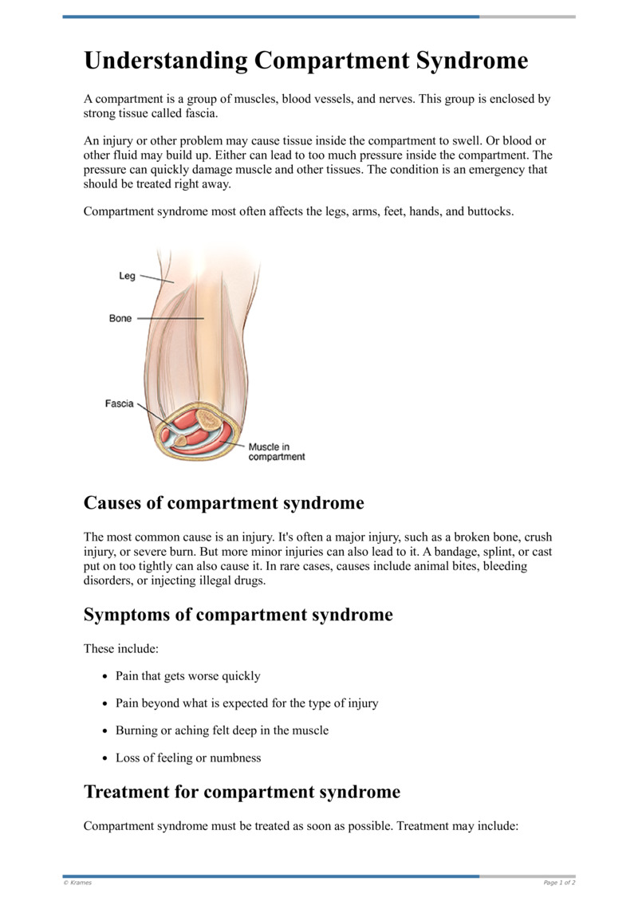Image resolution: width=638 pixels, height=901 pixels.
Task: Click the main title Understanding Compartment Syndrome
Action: pos(305,61)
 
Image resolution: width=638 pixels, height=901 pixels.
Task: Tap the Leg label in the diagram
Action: pos(127,276)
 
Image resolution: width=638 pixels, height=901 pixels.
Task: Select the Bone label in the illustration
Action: pos(120,318)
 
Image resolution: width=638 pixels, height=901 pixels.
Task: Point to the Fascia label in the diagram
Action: pos(120,403)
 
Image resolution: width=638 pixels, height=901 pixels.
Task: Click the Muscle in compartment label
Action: pos(276,452)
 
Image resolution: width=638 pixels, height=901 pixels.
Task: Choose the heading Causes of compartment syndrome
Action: pos(223,503)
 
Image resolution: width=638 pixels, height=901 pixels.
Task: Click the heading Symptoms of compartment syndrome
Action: pos(238,615)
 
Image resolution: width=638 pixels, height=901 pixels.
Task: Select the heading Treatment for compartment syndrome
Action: pos(242,792)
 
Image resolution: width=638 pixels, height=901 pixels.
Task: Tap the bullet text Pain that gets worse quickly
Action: pos(187,676)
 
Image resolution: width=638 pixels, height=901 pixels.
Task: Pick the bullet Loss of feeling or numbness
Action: pos(188,757)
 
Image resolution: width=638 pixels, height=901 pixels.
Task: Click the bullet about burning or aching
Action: pos(222,730)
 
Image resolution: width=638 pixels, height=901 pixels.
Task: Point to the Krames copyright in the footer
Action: pos(77,883)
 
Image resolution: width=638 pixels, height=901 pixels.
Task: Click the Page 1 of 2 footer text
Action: pos(559,883)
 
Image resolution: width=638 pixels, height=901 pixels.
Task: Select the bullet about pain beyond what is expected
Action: pos(246,703)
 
